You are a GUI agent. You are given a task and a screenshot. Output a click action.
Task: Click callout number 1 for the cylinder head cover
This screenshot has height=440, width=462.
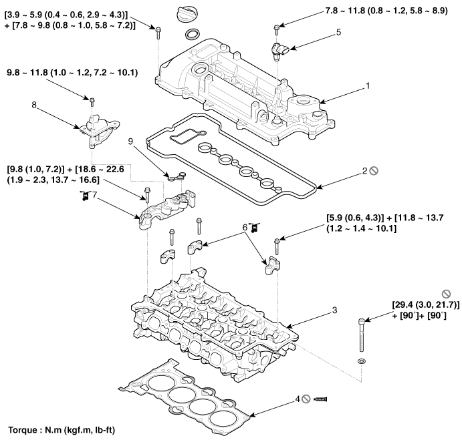point(367,86)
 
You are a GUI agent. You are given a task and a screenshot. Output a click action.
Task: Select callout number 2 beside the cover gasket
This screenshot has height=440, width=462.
point(364,171)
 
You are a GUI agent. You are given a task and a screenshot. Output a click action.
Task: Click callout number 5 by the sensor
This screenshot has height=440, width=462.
point(338,31)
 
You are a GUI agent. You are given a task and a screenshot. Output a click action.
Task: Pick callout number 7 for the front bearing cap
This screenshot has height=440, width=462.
point(95,195)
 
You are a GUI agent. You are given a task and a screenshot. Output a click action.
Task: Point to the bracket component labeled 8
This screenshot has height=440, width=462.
point(96,128)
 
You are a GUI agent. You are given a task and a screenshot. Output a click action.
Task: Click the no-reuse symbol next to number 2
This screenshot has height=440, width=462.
point(374,171)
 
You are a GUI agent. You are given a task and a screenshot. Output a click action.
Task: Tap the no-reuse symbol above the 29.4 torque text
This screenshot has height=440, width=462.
point(446,293)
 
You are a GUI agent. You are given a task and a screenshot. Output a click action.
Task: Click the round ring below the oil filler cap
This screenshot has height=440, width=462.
point(191,35)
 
